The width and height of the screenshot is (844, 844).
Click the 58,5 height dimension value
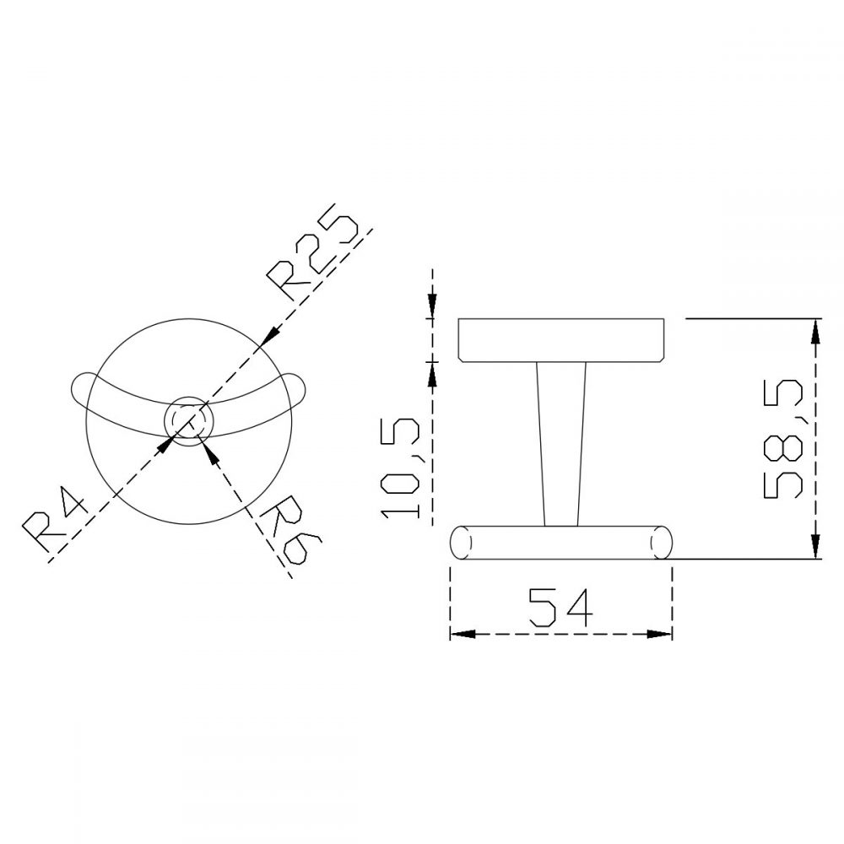click(x=781, y=441)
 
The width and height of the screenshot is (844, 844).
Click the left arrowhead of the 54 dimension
click(x=458, y=635)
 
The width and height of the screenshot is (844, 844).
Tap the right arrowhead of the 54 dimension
click(x=663, y=635)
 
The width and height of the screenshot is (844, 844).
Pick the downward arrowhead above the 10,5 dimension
click(x=433, y=310)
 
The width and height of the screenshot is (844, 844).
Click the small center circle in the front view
click(x=186, y=419)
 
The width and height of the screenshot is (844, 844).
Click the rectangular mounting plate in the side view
click(x=562, y=340)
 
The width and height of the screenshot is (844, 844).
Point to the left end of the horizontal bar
click(x=461, y=542)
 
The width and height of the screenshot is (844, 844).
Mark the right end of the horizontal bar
click(x=663, y=542)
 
